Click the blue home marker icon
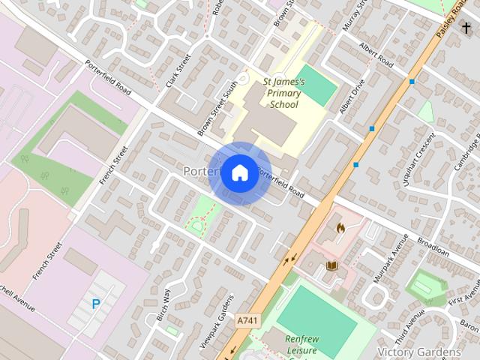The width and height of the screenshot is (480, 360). point(239,172)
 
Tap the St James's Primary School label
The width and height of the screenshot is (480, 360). point(283,93)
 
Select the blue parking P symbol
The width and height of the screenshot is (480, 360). point(95,304)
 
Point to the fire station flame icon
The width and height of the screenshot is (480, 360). point(339,225)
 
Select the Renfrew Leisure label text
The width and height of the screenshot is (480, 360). point(301,345)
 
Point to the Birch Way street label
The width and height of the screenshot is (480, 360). point(164,305)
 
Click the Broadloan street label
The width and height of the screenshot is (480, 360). point(433,248)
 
